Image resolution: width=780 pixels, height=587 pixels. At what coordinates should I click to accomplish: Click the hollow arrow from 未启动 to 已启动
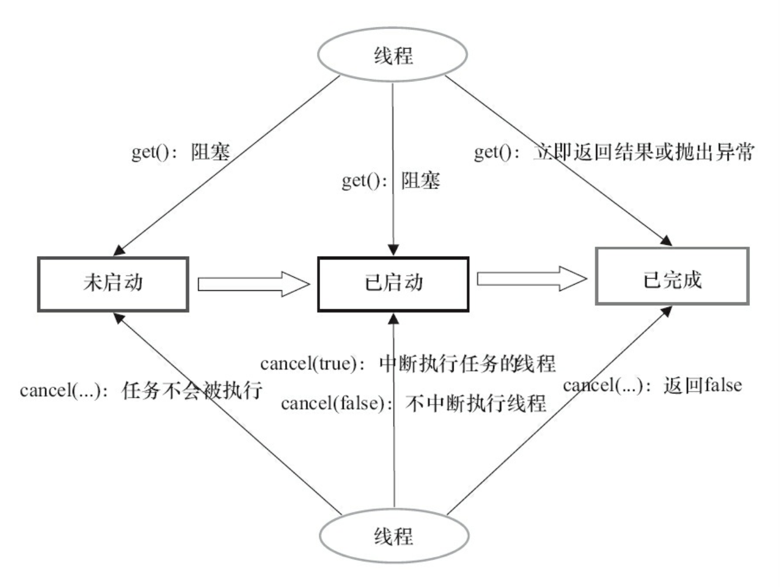point(254,284)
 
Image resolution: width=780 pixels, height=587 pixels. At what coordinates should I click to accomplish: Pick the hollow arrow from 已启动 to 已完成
point(532,279)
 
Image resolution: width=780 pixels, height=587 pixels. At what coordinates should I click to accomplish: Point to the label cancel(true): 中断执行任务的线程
point(408,363)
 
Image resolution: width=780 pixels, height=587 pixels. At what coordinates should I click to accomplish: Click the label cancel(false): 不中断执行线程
point(413,403)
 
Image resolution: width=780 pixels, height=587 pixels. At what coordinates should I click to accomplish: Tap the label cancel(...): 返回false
point(653,385)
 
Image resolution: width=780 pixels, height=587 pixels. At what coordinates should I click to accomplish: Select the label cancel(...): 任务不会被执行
point(141,390)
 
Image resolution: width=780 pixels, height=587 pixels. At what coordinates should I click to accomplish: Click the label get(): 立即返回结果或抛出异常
point(614,152)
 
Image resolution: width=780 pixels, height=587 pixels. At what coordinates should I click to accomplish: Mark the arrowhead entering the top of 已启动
point(393,250)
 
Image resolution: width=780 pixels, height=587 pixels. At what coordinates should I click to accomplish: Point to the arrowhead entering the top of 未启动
point(119,250)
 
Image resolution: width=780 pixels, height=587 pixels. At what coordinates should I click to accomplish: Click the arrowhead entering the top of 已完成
point(666,240)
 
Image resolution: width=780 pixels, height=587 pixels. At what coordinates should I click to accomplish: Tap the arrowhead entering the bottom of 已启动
point(393,319)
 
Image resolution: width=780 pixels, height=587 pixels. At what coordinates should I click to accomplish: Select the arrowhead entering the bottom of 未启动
point(119,319)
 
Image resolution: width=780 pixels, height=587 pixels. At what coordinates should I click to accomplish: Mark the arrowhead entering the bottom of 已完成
point(666,311)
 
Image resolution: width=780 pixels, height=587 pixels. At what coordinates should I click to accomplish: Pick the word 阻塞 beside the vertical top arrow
point(421,181)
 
